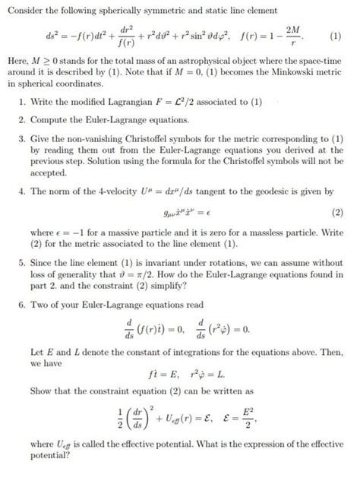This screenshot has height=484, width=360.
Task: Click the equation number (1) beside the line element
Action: [x=334, y=36]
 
